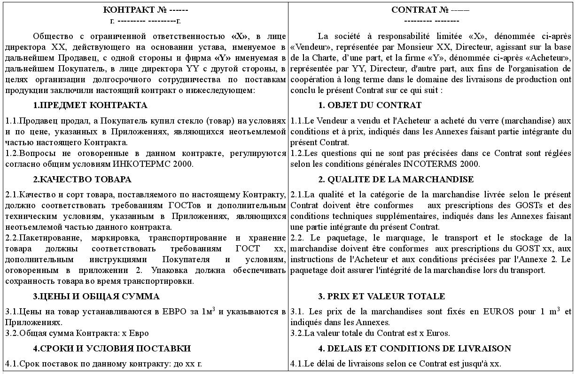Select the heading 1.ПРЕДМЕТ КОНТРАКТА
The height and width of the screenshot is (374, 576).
click(x=90, y=105)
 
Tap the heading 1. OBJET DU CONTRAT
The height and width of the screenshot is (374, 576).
click(x=370, y=105)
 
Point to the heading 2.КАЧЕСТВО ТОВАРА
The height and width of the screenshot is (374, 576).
click(x=82, y=179)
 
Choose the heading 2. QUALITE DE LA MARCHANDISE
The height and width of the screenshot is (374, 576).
click(x=396, y=179)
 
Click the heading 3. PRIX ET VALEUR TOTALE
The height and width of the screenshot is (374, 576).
click(x=381, y=296)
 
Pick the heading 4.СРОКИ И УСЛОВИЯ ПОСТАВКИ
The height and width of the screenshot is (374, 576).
click(x=112, y=349)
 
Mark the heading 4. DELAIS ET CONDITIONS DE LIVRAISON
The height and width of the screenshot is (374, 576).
click(x=414, y=349)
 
